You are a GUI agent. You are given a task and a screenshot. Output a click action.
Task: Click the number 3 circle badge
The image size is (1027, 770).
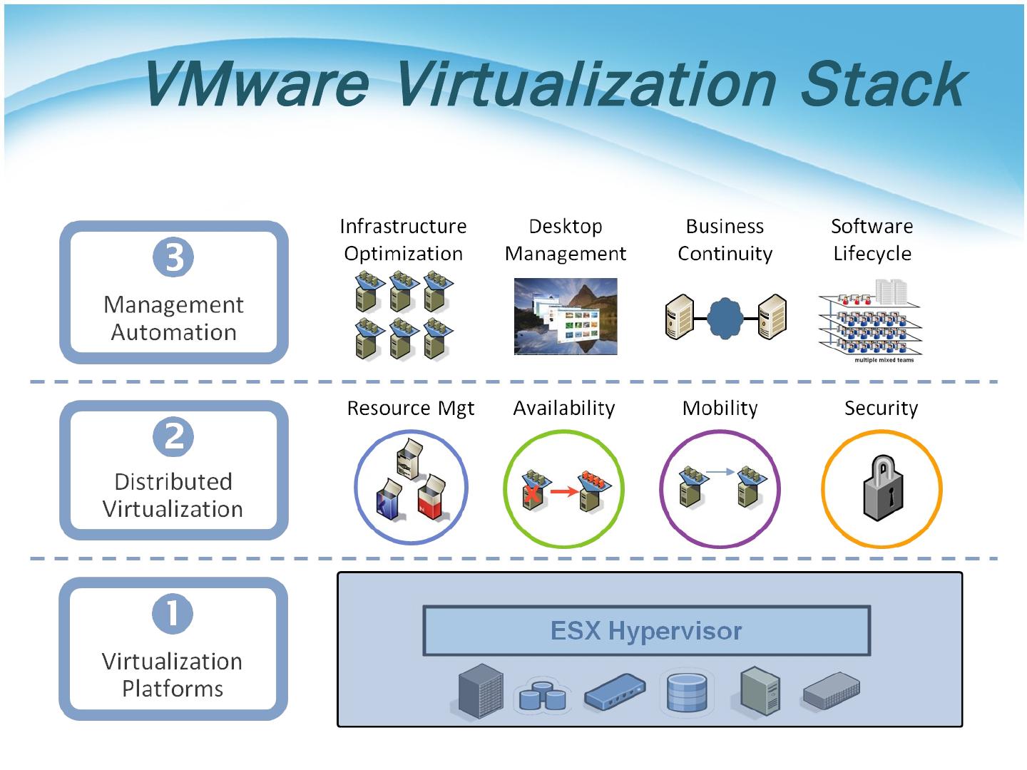click(173, 257)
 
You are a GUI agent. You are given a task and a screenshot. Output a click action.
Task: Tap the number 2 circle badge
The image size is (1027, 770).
click(173, 436)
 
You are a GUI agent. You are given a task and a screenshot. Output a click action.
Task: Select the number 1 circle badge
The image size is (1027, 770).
click(173, 613)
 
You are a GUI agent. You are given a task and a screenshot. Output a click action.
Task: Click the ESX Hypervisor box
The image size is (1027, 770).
click(646, 630)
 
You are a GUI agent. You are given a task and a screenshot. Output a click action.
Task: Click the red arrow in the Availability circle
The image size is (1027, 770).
click(564, 491)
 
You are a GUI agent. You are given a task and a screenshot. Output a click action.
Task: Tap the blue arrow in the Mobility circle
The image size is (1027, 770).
click(720, 471)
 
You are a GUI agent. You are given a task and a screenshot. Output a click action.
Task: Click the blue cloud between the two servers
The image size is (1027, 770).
click(725, 319)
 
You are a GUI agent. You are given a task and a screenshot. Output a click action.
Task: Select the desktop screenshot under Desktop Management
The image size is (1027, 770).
click(566, 317)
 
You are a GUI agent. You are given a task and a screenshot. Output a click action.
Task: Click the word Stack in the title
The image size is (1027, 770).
click(882, 84)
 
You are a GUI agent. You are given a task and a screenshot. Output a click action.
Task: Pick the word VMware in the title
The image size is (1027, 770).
click(255, 84)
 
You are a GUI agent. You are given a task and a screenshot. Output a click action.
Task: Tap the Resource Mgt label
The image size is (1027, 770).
click(410, 408)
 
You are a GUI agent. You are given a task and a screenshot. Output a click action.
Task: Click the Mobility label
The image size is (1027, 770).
click(720, 408)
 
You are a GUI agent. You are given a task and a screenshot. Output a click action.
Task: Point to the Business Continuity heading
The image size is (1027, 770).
click(725, 240)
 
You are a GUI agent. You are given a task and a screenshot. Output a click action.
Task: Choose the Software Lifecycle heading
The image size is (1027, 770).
click(872, 240)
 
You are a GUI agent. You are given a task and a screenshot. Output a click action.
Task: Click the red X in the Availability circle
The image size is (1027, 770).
click(531, 494)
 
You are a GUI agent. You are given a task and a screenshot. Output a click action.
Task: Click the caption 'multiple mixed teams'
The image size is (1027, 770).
click(884, 360)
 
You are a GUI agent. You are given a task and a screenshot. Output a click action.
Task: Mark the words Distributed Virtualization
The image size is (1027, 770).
click(173, 495)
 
